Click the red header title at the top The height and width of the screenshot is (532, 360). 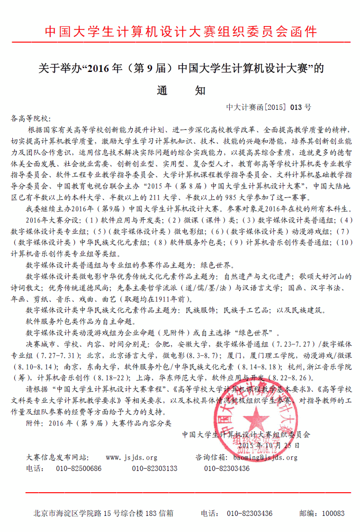pos(180,31)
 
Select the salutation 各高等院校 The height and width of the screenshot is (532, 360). pos(29,118)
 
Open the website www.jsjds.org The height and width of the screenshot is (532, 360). pos(131,458)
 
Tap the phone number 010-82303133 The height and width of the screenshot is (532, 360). pos(154,469)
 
